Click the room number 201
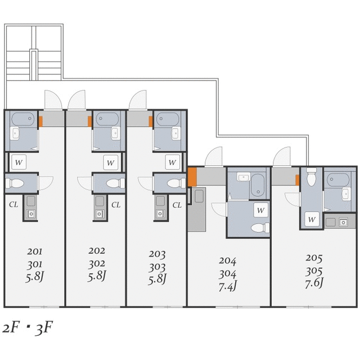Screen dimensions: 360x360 tap(35, 251)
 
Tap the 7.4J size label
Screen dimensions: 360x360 tap(227, 286)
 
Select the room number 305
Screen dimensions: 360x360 tap(314, 271)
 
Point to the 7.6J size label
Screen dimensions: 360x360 tap(314, 283)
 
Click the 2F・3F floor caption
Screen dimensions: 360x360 tap(28, 328)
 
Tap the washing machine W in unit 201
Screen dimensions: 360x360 tap(19, 162)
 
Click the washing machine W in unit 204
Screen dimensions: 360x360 tap(261, 210)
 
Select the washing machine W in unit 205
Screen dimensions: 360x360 tap(312, 219)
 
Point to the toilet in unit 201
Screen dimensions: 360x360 tap(15, 183)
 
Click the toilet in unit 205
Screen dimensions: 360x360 tap(311, 177)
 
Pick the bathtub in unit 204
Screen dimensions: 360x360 tap(258, 185)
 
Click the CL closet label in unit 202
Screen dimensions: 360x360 tap(116, 205)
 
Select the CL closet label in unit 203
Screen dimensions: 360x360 tap(177, 205)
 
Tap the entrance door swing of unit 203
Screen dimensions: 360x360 tap(138, 100)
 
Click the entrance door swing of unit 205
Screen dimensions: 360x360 tap(282, 156)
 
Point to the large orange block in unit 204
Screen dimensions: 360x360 tap(192, 177)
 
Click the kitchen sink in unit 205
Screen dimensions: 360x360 tap(343, 222)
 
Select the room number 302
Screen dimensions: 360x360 tap(97, 264)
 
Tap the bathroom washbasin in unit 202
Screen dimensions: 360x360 tap(116, 133)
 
